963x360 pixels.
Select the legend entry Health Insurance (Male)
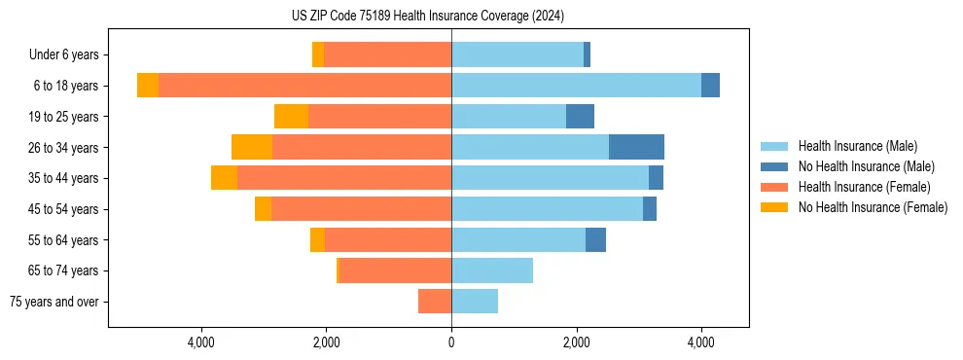click(857, 146)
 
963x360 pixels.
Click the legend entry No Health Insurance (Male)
click(866, 166)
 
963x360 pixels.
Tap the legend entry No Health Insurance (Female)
click(873, 207)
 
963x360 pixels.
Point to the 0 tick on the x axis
click(451, 342)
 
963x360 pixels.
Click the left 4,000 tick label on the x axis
click(201, 342)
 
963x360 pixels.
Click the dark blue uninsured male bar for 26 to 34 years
click(636, 147)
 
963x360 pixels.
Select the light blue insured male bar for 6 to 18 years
click(576, 86)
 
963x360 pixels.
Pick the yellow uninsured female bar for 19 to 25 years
click(291, 117)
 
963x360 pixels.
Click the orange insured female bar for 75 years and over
click(435, 302)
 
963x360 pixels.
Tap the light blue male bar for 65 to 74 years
click(492, 270)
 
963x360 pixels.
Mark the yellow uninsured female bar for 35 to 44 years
click(224, 178)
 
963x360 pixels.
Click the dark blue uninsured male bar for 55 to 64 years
click(595, 239)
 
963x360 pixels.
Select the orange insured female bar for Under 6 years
click(387, 54)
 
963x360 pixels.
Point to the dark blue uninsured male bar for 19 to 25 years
click(580, 117)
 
